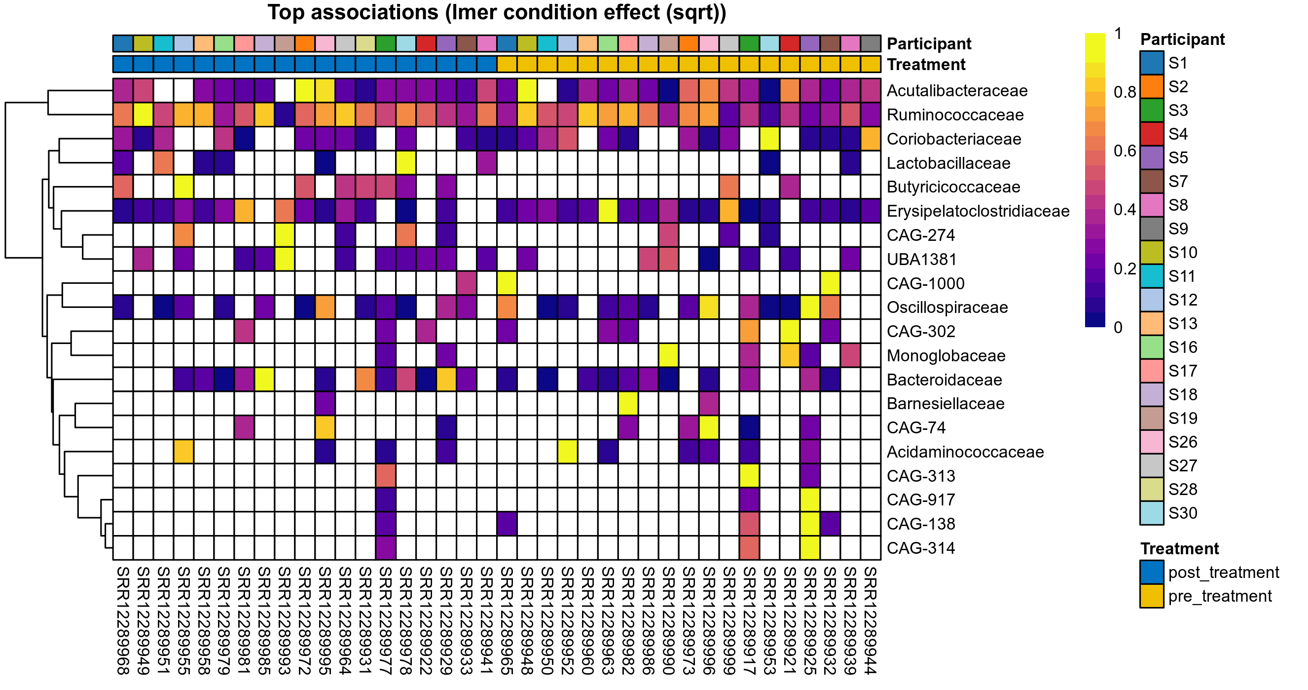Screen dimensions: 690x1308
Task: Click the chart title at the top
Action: point(497,12)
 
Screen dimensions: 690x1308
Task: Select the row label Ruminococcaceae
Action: point(954,115)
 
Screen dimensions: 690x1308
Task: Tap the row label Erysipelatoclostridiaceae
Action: point(978,211)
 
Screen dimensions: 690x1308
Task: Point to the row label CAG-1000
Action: point(925,283)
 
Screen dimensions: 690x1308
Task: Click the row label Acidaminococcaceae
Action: point(965,452)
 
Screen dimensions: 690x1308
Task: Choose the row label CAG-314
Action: point(920,548)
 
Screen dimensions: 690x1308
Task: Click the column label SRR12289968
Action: point(123,620)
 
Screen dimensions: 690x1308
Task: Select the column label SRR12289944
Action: point(871,620)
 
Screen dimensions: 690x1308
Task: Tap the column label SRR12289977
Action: point(385,620)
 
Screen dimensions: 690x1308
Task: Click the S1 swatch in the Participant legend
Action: point(1152,63)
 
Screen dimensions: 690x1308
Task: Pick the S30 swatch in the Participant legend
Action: point(1152,513)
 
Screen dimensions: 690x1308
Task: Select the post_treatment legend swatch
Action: point(1152,572)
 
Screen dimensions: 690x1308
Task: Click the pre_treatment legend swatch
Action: point(1152,596)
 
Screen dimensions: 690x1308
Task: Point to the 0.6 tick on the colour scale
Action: point(1124,151)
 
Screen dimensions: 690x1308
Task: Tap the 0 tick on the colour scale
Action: point(1118,327)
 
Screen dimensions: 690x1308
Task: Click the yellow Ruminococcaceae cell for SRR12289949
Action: point(143,115)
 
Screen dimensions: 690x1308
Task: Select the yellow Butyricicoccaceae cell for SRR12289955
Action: point(183,187)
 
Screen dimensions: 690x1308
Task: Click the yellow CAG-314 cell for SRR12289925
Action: point(810,548)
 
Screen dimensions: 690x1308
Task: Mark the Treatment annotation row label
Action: point(926,65)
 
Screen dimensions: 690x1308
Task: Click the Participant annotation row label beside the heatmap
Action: point(929,44)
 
